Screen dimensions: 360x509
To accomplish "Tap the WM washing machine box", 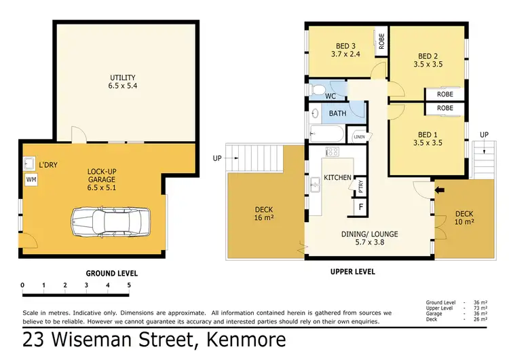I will click(x=31, y=179).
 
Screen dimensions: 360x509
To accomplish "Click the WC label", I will click(x=331, y=96).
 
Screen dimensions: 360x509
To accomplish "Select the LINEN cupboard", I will click(x=359, y=137).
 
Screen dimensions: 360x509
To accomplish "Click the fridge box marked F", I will click(x=360, y=205).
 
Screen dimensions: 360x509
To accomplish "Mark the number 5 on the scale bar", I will click(x=128, y=285).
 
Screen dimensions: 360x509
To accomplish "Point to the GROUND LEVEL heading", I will click(x=111, y=273).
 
